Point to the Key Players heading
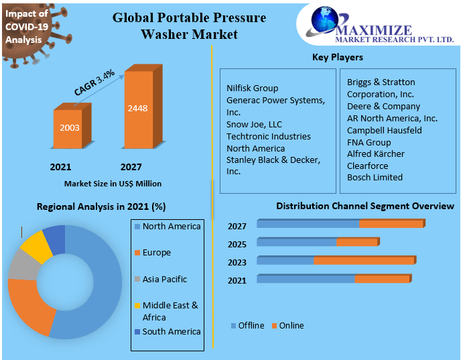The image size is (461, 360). (x=338, y=58)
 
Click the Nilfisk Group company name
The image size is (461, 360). (x=252, y=88)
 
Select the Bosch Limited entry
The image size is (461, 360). (x=375, y=178)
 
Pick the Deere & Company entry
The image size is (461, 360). (x=383, y=107)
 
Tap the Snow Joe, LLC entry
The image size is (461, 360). (x=254, y=124)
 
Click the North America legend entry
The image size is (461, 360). (x=171, y=227)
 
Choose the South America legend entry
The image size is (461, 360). (x=171, y=332)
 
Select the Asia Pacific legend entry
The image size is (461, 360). (x=164, y=280)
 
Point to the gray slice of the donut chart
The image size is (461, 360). (x=23, y=267)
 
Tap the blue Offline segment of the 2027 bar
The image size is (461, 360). (x=308, y=224)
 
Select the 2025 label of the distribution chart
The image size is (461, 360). (x=237, y=245)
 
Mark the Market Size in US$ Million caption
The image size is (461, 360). (x=113, y=184)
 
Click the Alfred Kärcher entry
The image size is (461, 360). (x=376, y=154)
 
